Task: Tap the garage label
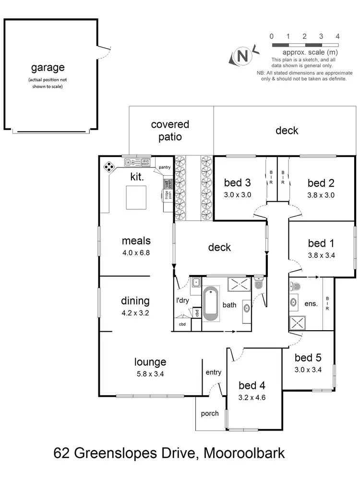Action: coord(48,68)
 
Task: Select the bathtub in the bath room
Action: coord(211,304)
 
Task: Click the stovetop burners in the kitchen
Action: coord(110,167)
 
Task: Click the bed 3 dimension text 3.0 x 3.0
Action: coord(238,195)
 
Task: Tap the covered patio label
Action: coord(170,130)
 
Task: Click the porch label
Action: coord(210,413)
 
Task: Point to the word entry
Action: coord(213,372)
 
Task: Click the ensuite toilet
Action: coord(295,287)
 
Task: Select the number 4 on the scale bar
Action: coord(337,36)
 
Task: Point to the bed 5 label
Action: coord(308,358)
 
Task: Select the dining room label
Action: coord(135,301)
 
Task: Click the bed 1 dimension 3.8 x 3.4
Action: coord(321,255)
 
